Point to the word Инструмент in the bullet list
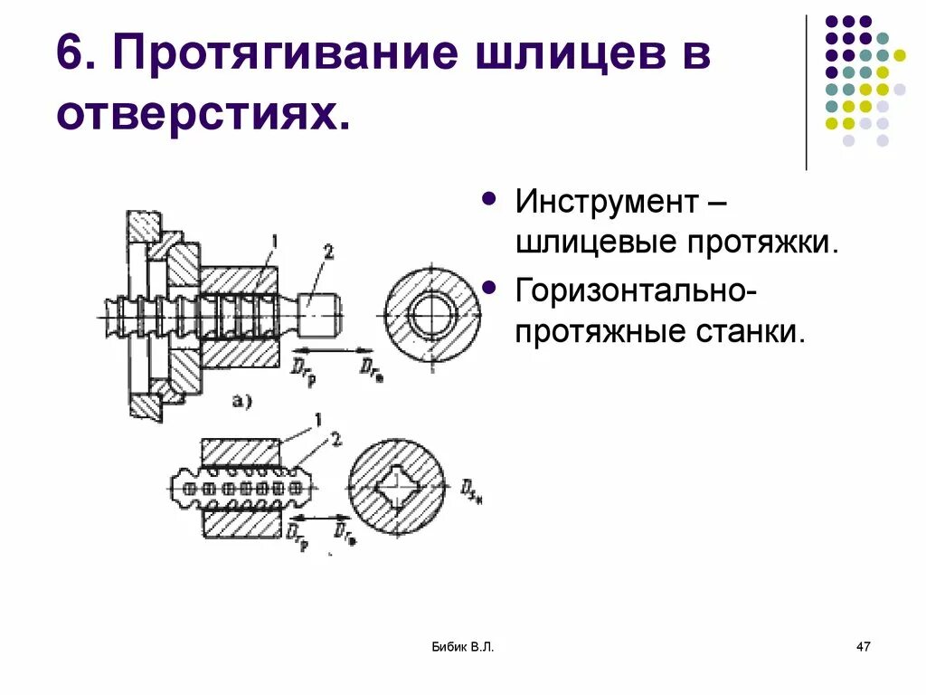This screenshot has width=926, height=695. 606,201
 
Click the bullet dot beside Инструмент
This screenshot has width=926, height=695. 490,197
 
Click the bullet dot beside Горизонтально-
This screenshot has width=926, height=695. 490,287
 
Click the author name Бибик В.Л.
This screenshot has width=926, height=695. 462,646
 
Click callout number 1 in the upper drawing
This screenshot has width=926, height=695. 272,240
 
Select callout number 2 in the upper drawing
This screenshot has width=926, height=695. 328,253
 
